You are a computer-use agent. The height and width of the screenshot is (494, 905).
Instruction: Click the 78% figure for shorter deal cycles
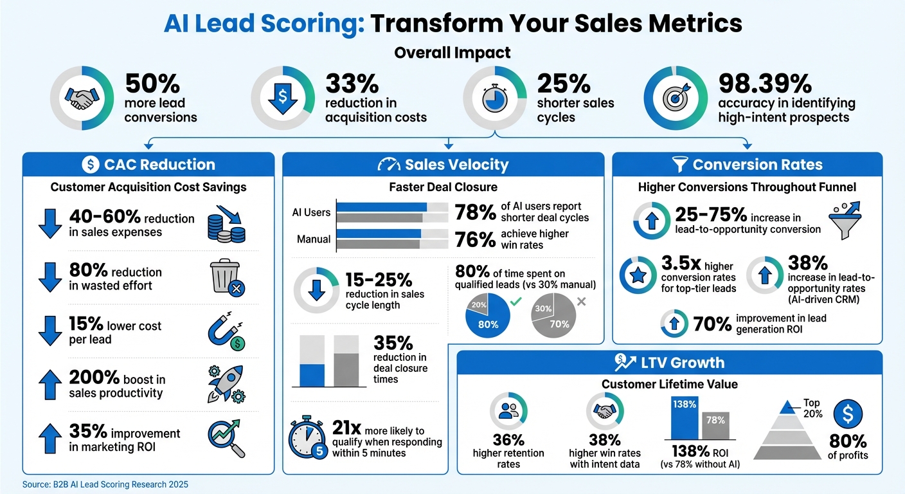tap(475, 213)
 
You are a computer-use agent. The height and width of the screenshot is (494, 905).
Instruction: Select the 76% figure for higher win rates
tap(475, 239)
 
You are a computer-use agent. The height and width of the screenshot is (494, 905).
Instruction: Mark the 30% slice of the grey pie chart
tap(543, 309)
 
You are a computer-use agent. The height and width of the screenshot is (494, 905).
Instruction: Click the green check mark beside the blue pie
tap(516, 301)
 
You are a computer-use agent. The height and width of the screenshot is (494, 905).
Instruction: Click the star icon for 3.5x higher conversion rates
tap(638, 275)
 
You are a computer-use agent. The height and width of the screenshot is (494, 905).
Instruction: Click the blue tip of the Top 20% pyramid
tap(785, 407)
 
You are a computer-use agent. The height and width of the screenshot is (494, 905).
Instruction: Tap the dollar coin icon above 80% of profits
tap(849, 413)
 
